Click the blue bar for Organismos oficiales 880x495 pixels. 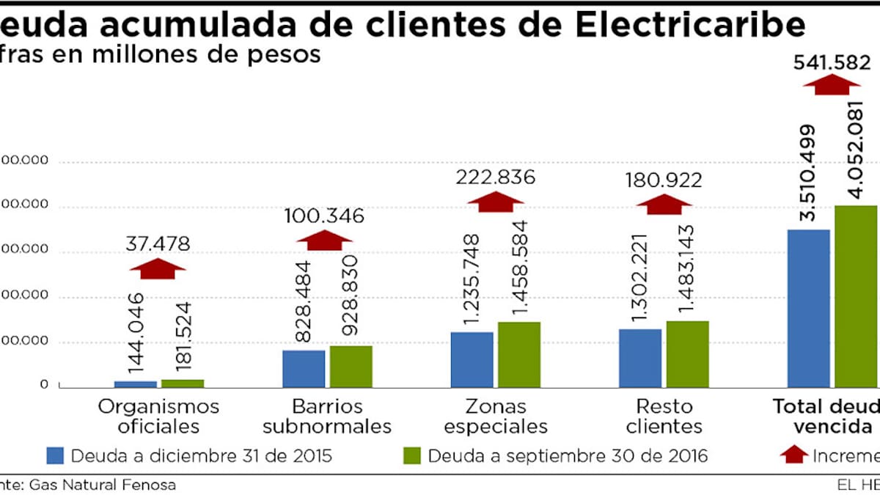[136, 384]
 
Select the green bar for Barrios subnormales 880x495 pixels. [351, 366]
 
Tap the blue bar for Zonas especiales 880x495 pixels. [472, 359]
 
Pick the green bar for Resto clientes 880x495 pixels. [687, 353]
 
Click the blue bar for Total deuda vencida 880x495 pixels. [808, 308]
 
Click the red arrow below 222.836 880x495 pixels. [496, 202]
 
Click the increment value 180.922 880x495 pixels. [663, 180]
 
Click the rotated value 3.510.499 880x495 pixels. [807, 173]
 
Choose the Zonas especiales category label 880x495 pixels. [496, 416]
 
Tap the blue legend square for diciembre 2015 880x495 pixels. [55, 455]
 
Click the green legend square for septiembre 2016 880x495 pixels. [412, 455]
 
